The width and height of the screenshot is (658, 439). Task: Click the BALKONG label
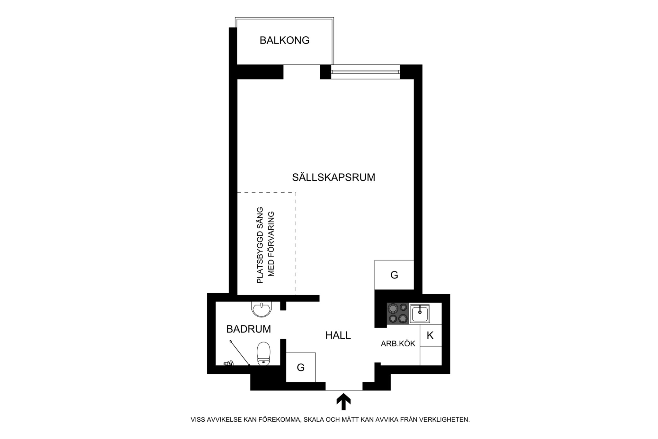point(284,41)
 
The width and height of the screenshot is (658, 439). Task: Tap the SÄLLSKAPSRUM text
point(333,178)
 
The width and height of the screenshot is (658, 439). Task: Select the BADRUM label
point(248,329)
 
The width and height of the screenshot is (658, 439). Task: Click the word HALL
point(338,335)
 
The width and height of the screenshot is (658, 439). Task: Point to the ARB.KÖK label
point(398,344)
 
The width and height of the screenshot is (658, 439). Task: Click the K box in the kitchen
point(430,335)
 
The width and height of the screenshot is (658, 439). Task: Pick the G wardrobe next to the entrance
point(300,367)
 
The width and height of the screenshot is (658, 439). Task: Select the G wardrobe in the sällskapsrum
point(394,275)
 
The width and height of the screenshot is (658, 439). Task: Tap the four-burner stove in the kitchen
point(397,313)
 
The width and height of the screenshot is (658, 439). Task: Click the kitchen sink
point(420,313)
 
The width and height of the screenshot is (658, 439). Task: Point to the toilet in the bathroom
point(263,353)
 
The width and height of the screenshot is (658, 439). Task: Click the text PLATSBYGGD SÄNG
point(260,245)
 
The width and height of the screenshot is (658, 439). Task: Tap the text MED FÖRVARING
point(271,244)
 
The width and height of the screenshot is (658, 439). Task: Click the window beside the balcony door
point(365,72)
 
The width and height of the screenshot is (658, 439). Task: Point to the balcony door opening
point(301,72)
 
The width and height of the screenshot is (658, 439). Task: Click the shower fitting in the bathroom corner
point(228,363)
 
